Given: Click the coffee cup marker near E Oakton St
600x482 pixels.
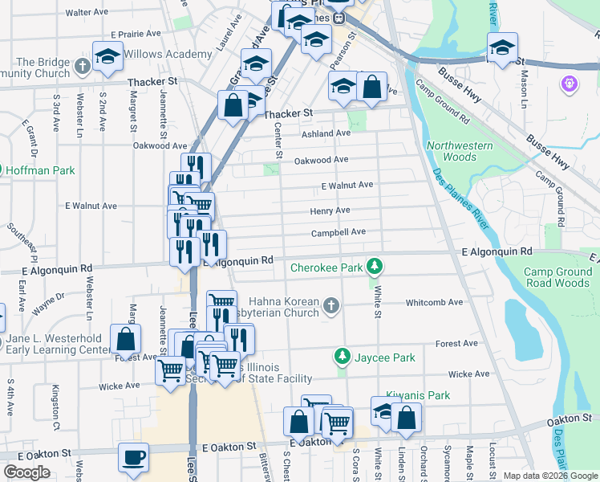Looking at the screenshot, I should (133, 457).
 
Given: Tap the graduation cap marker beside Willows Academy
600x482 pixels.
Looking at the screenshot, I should (107, 55).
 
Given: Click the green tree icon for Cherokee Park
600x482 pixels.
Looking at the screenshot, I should (373, 265).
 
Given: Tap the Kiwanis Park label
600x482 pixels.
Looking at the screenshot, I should (418, 395).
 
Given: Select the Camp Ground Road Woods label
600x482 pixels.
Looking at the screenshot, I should (557, 277).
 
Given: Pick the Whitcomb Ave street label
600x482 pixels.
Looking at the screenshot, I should (434, 303).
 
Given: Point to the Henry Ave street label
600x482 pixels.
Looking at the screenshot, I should (330, 210).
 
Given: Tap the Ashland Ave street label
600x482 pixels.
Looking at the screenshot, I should (326, 133).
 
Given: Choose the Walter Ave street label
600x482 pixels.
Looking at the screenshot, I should (87, 13).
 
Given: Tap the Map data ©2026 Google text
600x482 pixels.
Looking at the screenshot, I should (549, 476).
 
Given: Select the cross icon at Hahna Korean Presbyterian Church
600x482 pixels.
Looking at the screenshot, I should (330, 304).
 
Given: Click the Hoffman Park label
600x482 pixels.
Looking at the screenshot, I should (40, 170).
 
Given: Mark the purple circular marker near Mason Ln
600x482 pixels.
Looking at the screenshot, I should (570, 83).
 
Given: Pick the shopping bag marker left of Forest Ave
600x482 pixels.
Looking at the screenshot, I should (126, 338).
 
